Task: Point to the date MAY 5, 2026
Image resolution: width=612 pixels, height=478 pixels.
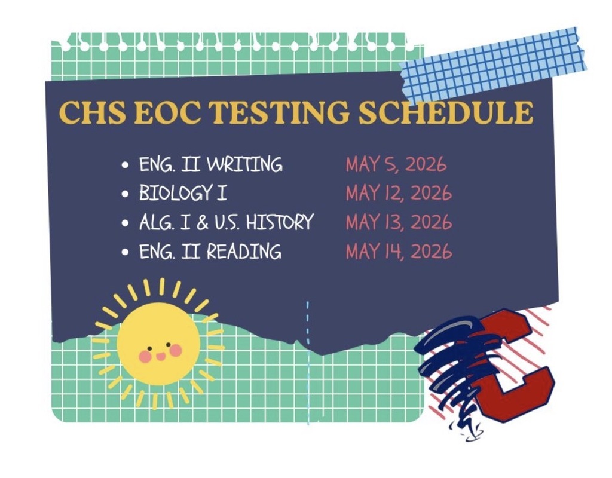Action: pos(395,164)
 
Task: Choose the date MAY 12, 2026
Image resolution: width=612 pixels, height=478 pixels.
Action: pos(398,193)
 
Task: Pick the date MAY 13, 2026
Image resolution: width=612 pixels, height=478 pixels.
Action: pos(398,222)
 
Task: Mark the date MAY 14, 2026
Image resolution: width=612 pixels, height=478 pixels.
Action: pos(398,251)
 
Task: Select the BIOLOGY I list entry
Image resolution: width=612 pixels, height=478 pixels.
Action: pos(183,193)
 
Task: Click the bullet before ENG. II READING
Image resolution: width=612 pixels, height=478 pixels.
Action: pos(126,252)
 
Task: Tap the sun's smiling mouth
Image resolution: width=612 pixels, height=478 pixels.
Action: pos(160,357)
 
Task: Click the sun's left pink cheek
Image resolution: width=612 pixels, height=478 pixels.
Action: pos(145,356)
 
